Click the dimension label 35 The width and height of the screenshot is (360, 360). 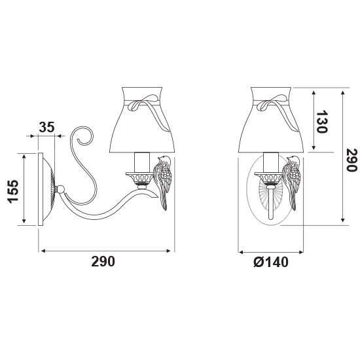46,127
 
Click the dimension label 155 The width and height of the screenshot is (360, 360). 13,191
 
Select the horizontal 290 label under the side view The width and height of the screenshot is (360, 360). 103,262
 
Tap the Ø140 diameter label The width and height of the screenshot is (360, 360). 271,262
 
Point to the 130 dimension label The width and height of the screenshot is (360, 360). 321,122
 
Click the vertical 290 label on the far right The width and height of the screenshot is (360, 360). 351,160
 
